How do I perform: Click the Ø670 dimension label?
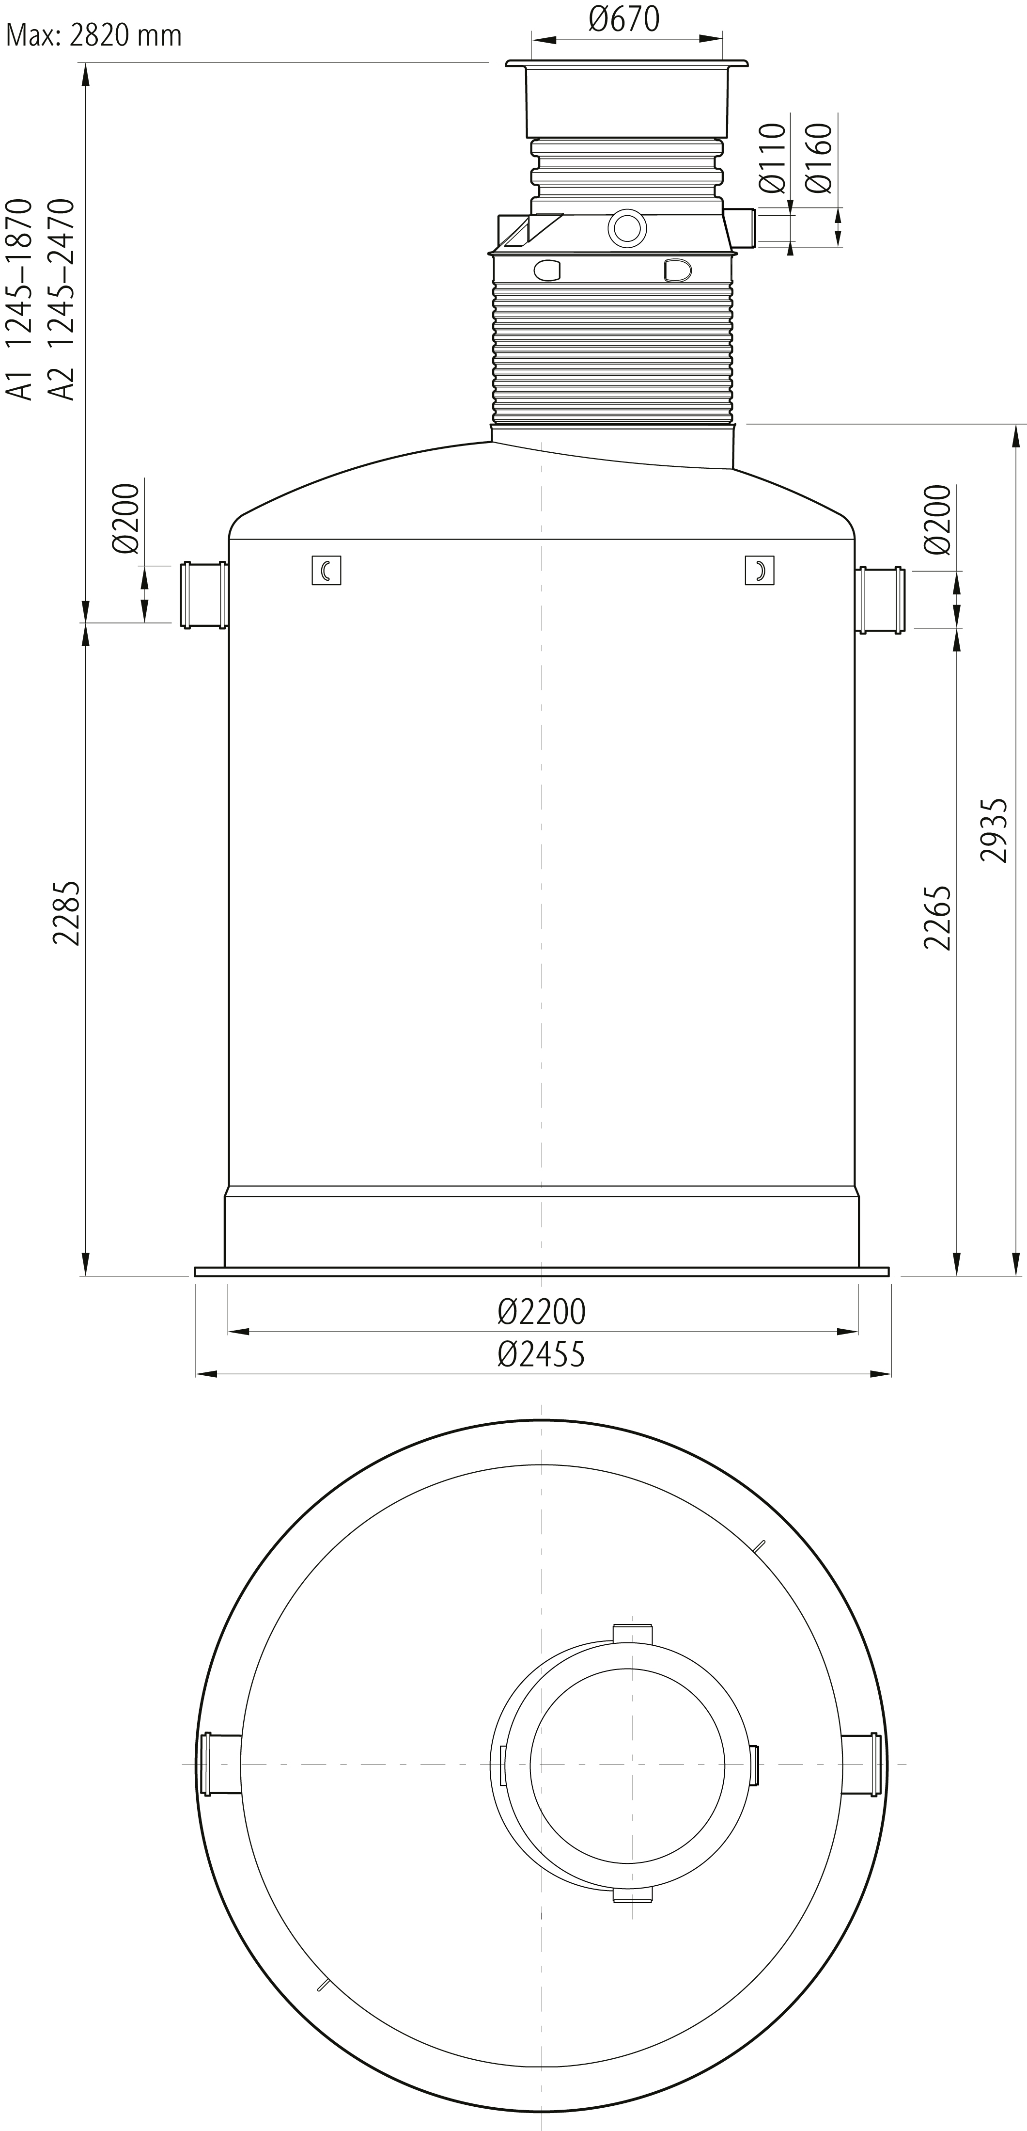coord(624,19)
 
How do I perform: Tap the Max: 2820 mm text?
coord(93,35)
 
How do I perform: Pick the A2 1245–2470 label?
coord(61,300)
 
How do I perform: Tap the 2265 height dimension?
coord(938,918)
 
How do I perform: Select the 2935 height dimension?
coord(993,830)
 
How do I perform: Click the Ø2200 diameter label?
coord(542,1311)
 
